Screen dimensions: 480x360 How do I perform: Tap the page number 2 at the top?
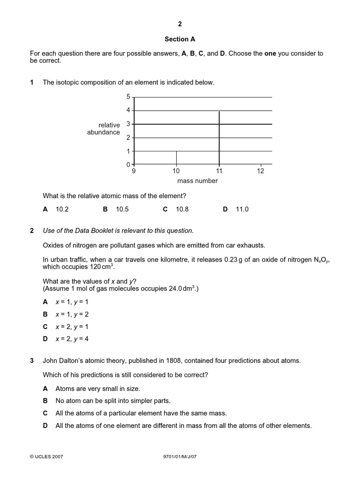180,23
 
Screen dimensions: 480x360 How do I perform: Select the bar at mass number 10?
176,158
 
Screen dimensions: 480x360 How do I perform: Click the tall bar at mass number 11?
219,138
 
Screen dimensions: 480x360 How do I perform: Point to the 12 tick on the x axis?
261,171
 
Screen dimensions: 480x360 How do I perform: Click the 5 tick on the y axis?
128,97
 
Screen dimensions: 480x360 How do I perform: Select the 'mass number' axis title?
197,181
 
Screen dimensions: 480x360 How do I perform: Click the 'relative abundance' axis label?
104,128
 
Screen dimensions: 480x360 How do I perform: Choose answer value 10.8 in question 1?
182,210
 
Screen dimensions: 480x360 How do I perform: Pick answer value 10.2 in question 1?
62,210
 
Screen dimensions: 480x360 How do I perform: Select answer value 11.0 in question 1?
242,210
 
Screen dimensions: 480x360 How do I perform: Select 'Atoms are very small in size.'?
97,389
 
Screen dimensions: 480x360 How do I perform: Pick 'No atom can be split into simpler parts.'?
113,401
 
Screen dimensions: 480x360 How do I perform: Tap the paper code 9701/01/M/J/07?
180,456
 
